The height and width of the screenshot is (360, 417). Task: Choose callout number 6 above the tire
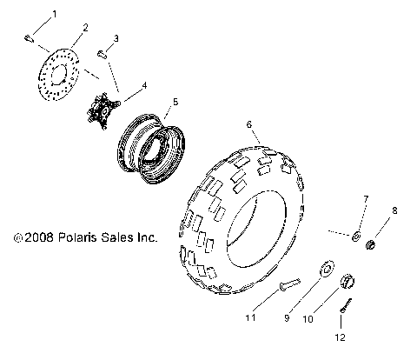tap(249, 126)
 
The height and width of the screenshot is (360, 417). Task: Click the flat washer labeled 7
tap(357, 236)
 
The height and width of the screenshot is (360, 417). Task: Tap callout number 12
tap(341, 337)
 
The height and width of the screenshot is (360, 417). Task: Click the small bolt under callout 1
tap(27, 37)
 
